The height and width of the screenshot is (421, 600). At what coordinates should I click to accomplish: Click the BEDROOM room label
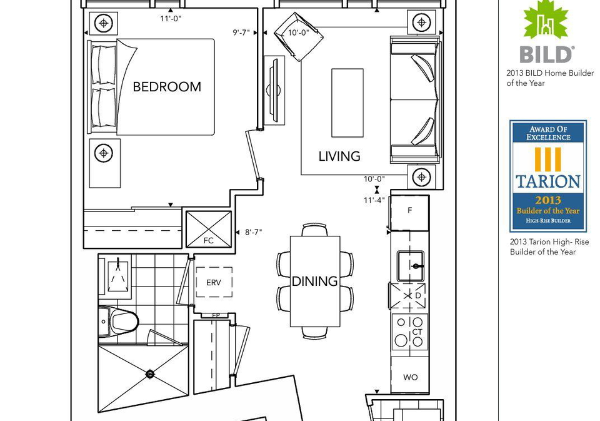pos(167,87)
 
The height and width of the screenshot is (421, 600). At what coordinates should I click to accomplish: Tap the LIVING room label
pos(339,156)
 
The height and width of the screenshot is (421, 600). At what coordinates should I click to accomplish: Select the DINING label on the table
pos(314,281)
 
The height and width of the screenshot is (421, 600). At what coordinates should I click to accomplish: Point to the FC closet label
pos(209,241)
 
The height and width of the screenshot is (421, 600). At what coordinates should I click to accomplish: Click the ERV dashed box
pos(214,282)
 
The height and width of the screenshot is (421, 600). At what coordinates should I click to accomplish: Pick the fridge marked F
pos(409,213)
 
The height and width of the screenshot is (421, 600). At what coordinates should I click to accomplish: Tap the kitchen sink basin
pos(410,266)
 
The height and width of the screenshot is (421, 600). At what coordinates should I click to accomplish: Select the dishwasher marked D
pos(408,296)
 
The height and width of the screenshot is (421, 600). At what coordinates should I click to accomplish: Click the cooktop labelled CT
pos(409,332)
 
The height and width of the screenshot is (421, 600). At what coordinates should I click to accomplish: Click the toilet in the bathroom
pos(119,322)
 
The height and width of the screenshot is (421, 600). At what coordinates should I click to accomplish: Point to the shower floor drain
pos(150,374)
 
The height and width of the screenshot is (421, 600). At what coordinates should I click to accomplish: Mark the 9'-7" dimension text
pos(241,33)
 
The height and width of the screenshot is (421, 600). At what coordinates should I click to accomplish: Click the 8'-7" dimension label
pos(253,232)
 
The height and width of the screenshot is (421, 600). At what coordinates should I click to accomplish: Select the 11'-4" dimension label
pos(374,200)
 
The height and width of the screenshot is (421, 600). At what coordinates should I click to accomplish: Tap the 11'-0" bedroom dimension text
pos(171,18)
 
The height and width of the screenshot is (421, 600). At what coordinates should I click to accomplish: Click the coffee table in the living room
pos(347,103)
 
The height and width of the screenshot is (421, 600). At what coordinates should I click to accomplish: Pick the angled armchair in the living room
pos(299,37)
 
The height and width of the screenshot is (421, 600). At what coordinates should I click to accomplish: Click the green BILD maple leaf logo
pos(546,19)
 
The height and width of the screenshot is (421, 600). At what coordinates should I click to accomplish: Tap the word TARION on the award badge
pos(548,181)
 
